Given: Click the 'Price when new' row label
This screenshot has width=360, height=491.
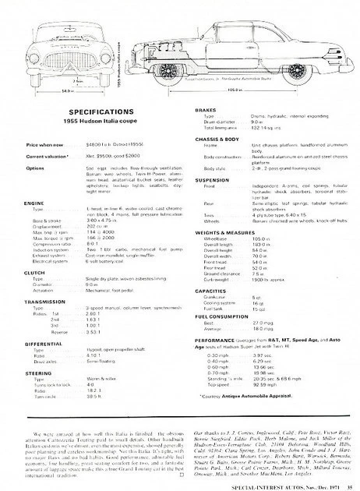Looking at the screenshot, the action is click(44, 146).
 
